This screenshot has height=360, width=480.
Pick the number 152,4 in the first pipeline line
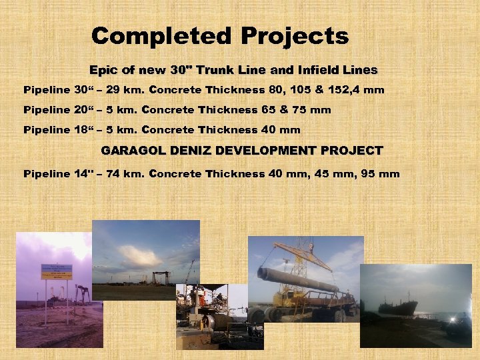click(347, 90)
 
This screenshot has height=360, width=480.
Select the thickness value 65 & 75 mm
click(294, 110)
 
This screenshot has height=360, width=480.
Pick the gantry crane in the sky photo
click(161, 277)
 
